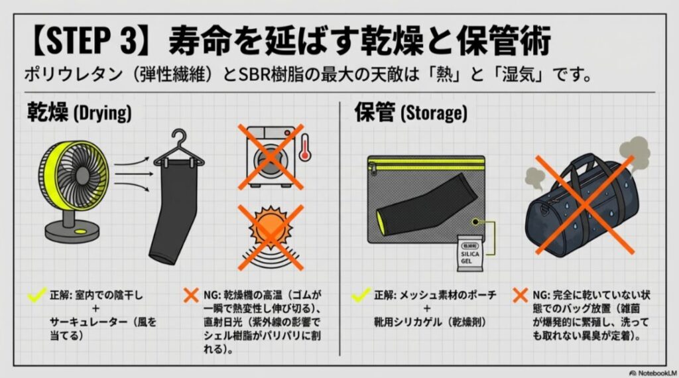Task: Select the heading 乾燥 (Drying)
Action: [79, 112]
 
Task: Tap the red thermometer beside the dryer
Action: [304, 147]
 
